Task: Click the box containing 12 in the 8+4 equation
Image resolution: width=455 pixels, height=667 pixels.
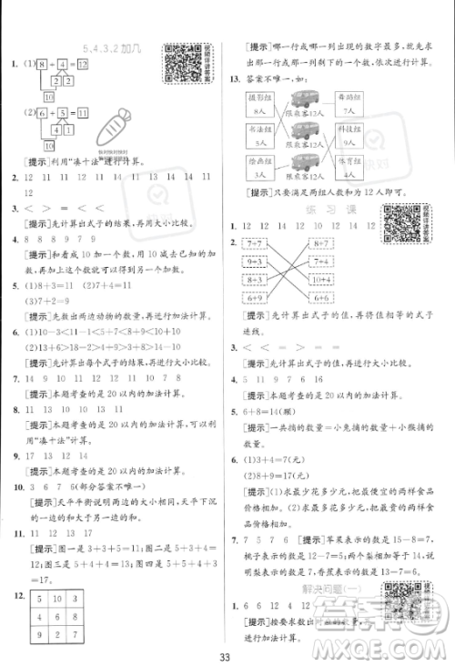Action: (x=82, y=65)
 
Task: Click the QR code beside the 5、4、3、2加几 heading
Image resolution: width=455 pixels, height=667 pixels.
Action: (x=180, y=63)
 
